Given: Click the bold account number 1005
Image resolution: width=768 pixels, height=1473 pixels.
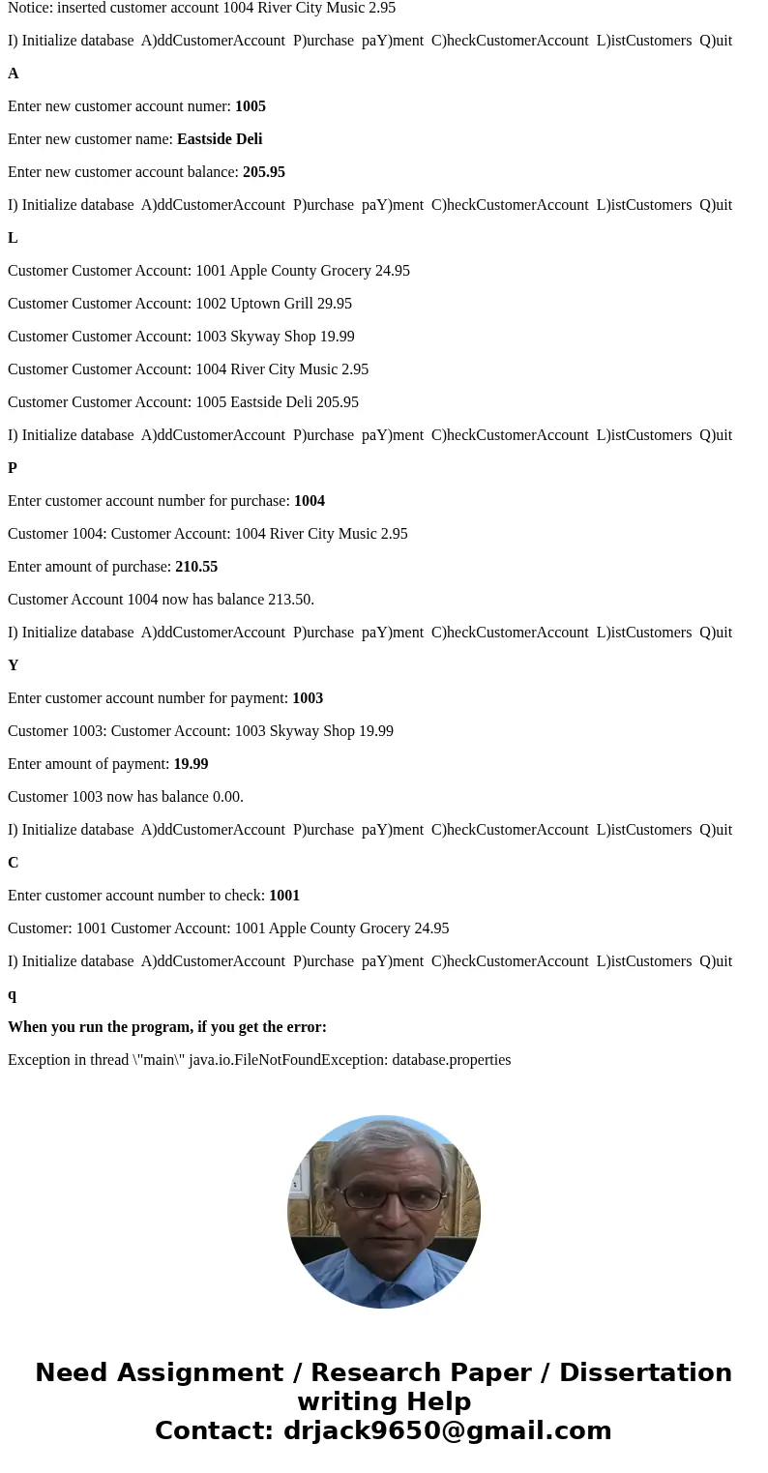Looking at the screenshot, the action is coord(250,106).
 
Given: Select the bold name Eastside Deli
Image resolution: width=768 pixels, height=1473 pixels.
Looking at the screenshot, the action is coord(220,139).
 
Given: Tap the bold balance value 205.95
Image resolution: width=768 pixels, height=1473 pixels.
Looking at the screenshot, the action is coord(263,172).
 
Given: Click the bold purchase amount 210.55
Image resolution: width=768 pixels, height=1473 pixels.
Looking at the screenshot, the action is coord(196,567).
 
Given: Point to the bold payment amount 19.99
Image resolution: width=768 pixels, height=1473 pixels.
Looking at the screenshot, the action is coord(191,764).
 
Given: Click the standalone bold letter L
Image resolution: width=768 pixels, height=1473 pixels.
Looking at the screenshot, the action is coord(13,238).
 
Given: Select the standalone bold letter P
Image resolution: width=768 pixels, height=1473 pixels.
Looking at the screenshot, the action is coord(13,468).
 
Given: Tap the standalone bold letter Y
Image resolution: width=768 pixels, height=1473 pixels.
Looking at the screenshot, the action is coord(13,665).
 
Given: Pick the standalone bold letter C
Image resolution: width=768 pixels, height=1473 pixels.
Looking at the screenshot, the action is coord(13,863).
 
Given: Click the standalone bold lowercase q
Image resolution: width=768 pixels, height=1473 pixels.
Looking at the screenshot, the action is coord(13,994).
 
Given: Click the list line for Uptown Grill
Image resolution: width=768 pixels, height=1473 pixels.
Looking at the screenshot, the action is coord(180,304).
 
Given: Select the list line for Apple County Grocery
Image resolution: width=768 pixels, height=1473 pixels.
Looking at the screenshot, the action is coord(209,271).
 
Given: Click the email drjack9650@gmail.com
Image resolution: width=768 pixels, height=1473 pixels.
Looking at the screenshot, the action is coord(447,1430).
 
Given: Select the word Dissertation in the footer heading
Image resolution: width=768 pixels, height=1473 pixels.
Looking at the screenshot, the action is coord(645,1372).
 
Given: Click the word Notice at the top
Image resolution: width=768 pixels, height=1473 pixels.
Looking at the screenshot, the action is coord(30,8).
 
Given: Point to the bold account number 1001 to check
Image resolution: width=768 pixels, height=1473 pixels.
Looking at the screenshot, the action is coord(284,896).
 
